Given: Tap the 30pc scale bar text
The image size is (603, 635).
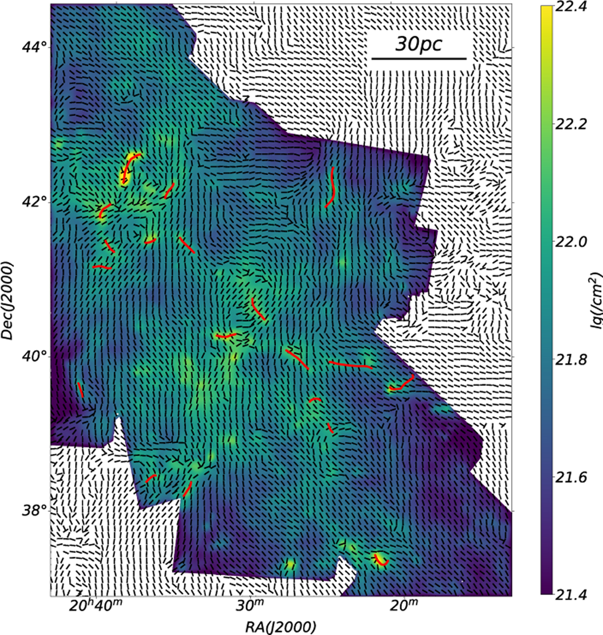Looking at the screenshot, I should click(x=419, y=44).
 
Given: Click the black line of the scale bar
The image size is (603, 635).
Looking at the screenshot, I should click(x=419, y=59).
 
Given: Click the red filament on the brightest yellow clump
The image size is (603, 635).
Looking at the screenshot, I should click(x=128, y=166).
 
